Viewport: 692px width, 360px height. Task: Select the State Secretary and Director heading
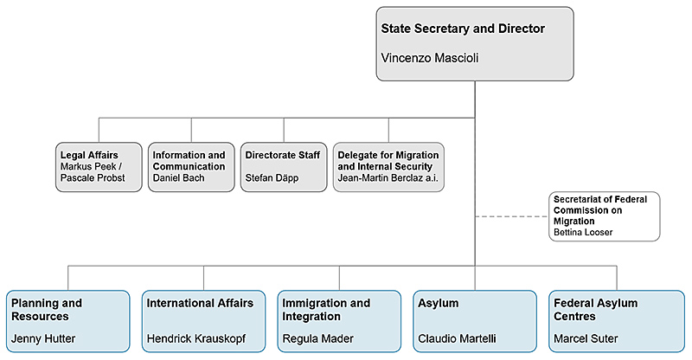click(x=463, y=29)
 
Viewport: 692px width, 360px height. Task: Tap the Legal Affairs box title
click(x=88, y=155)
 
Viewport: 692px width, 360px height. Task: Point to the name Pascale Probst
click(x=93, y=177)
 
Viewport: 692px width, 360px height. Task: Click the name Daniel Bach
click(x=178, y=177)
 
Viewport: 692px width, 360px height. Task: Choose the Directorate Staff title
click(x=282, y=155)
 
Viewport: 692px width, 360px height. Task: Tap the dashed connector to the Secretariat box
click(x=510, y=216)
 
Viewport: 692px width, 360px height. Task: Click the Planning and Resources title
click(x=47, y=310)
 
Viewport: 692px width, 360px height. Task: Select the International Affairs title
click(x=200, y=304)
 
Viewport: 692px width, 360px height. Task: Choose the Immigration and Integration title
click(x=326, y=310)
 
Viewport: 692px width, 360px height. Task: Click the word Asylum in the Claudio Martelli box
click(x=439, y=304)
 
